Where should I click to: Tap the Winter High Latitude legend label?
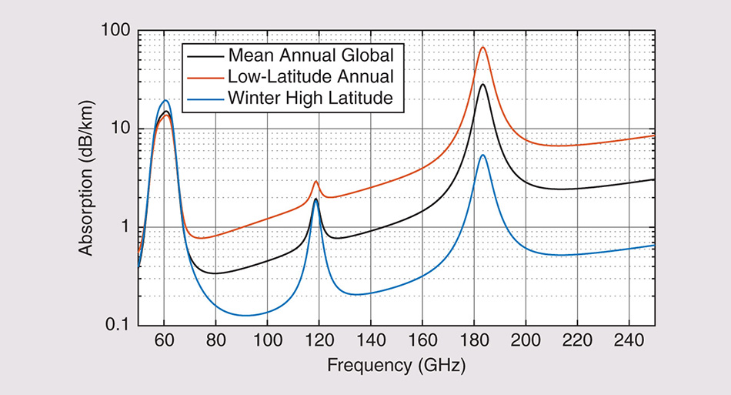[x=311, y=98]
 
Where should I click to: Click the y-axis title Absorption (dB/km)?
[x=87, y=178]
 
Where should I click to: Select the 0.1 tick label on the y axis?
[x=115, y=325]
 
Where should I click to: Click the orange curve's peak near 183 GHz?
[x=483, y=48]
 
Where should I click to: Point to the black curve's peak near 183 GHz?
[x=483, y=85]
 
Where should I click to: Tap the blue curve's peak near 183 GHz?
[x=483, y=155]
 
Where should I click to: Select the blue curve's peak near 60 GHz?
[x=165, y=100]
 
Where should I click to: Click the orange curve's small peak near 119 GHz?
[x=315, y=181]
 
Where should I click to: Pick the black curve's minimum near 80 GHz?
[x=215, y=273]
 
